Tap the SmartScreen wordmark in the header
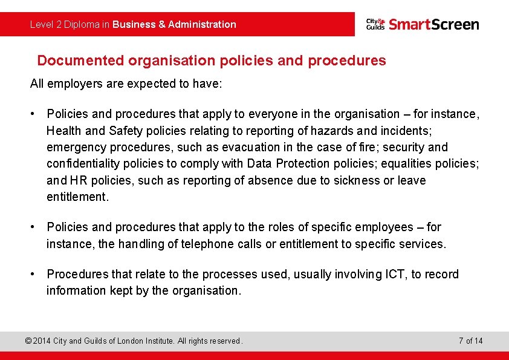tap(433, 24)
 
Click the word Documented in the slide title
tap(81, 61)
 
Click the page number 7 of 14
tap(470, 341)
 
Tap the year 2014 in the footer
tap(42, 341)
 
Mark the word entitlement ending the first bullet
tap(77, 197)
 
